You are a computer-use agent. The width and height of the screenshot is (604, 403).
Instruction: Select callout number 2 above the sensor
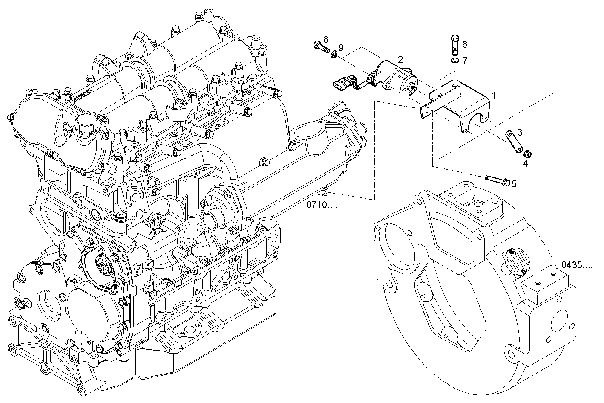coord(400,59)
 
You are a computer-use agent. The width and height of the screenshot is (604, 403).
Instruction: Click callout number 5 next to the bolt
coord(514,183)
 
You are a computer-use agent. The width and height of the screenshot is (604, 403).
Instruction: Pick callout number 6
coord(464,44)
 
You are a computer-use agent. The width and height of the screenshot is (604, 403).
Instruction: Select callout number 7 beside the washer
coord(465,61)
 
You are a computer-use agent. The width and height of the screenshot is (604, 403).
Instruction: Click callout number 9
coord(341,47)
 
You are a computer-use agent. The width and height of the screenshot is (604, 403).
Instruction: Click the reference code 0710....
coord(321,205)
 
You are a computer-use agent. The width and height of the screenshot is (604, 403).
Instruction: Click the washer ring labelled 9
coord(335,54)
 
